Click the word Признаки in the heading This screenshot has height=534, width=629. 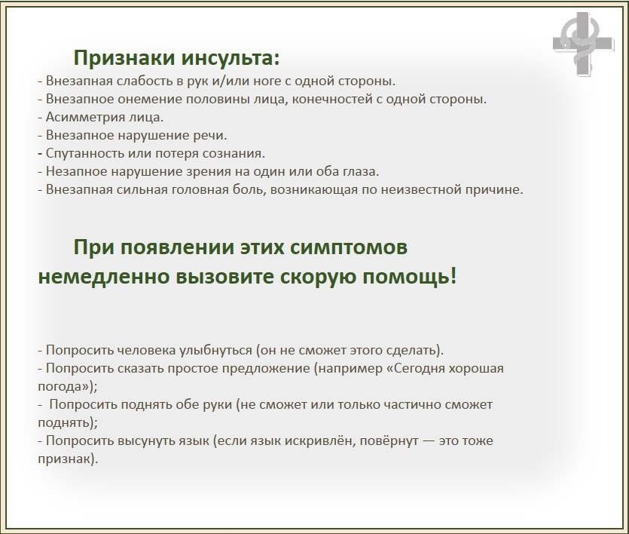pos(124,58)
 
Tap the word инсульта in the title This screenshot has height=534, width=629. pos(231,57)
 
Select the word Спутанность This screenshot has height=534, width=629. pos(85,153)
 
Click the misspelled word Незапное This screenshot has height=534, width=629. pos(76,171)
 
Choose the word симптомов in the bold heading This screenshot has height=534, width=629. pos(349,247)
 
